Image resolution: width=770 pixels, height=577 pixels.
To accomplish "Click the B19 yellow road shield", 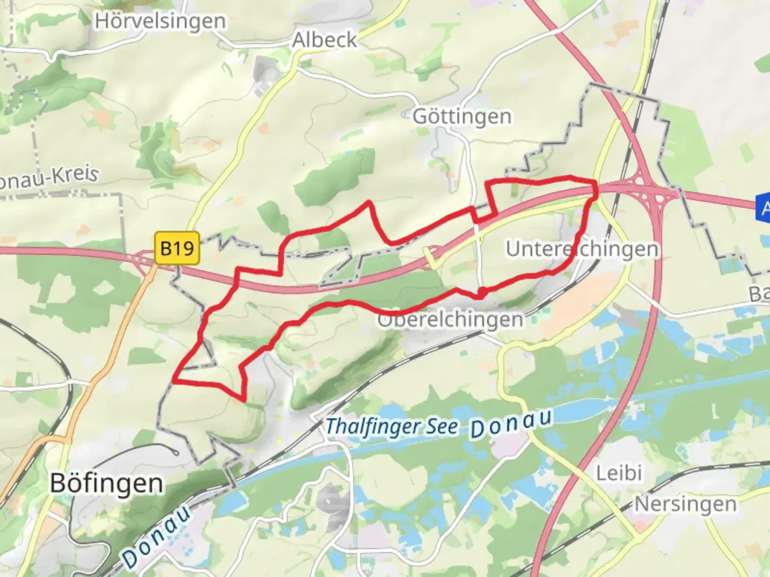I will click(177, 248).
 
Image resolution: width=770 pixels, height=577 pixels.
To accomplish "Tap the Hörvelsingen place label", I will click(160, 21).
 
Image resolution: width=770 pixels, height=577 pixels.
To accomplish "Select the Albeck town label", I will click(325, 40).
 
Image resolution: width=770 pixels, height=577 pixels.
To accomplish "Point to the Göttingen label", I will click(462, 116).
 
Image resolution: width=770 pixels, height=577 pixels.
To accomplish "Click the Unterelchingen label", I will click(582, 249).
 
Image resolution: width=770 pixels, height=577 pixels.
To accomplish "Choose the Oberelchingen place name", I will click(451, 319).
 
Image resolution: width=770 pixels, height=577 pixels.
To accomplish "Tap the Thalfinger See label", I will click(392, 426).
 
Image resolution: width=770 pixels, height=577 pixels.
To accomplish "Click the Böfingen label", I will click(106, 484).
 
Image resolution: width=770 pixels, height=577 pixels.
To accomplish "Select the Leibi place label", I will click(619, 473).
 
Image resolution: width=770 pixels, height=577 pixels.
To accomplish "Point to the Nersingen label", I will click(686, 504).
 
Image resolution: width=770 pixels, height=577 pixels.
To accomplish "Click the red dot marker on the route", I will click(482, 292).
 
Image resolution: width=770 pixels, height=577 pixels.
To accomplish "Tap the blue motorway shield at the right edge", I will click(764, 207).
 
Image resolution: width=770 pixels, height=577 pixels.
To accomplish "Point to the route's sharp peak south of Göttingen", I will click(368, 202).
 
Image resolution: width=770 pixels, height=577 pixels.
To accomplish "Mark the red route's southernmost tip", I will click(244, 399).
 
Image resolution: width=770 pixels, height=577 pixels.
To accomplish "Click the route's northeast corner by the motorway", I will click(595, 183).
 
